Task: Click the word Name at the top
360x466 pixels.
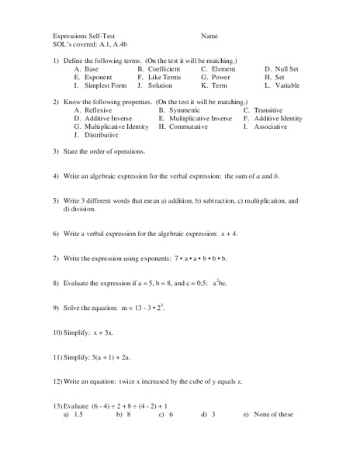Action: (x=209, y=36)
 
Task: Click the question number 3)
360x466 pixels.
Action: (x=57, y=151)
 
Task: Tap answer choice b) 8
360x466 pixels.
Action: (x=123, y=414)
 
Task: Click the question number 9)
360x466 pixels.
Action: (x=57, y=308)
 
